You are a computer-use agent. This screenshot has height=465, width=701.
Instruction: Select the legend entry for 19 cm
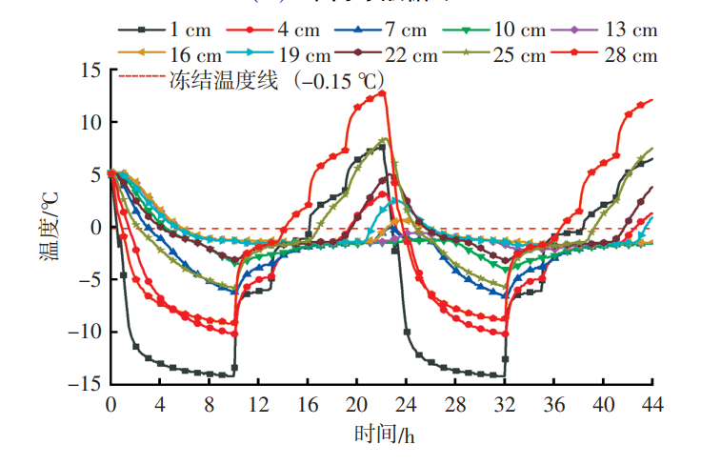pos(300,55)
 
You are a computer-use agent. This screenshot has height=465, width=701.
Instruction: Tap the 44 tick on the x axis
pos(652,403)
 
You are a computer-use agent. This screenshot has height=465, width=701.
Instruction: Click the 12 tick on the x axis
pos(258,403)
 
